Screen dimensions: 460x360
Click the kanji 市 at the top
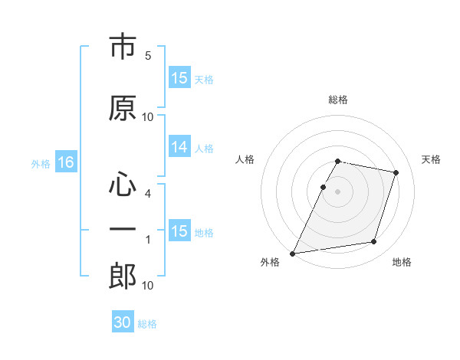[123, 46]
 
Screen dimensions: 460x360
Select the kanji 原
[123, 108]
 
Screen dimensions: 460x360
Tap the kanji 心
[123, 184]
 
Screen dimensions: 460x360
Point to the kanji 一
[123, 229]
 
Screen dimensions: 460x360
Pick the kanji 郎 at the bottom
[123, 276]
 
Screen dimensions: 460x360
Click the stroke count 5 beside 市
[148, 56]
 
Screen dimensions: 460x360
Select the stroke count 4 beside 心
[148, 194]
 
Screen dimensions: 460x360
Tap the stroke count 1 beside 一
[148, 240]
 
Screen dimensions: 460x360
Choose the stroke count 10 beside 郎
[147, 285]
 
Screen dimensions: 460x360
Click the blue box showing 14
[179, 146]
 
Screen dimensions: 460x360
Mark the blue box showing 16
[66, 162]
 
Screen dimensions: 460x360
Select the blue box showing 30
[123, 321]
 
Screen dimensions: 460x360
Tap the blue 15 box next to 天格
[179, 77]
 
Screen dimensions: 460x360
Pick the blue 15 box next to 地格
[179, 230]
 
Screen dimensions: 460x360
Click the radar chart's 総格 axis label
[338, 100]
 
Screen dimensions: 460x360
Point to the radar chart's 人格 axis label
[245, 159]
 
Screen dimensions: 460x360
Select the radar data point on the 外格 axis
[293, 254]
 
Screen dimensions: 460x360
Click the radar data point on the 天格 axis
[396, 172]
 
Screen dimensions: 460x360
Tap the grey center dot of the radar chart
[337, 191]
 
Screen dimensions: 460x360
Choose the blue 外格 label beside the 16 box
[41, 164]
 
